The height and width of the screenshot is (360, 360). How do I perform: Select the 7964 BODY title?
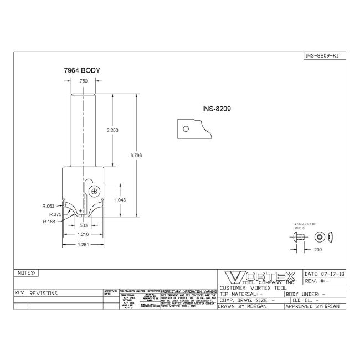(x=83, y=71)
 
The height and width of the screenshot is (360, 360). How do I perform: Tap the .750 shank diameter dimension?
(x=84, y=81)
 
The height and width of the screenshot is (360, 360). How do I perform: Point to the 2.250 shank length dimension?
(x=113, y=130)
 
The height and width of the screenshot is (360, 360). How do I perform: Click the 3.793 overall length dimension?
(x=136, y=156)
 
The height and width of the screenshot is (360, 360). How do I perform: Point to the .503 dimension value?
(x=84, y=225)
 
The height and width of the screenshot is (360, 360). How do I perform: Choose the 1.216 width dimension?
(x=84, y=235)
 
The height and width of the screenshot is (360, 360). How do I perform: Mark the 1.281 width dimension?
(x=84, y=245)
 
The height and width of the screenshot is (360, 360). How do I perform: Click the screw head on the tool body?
(x=95, y=192)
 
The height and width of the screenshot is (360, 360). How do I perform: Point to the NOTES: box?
(x=27, y=273)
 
